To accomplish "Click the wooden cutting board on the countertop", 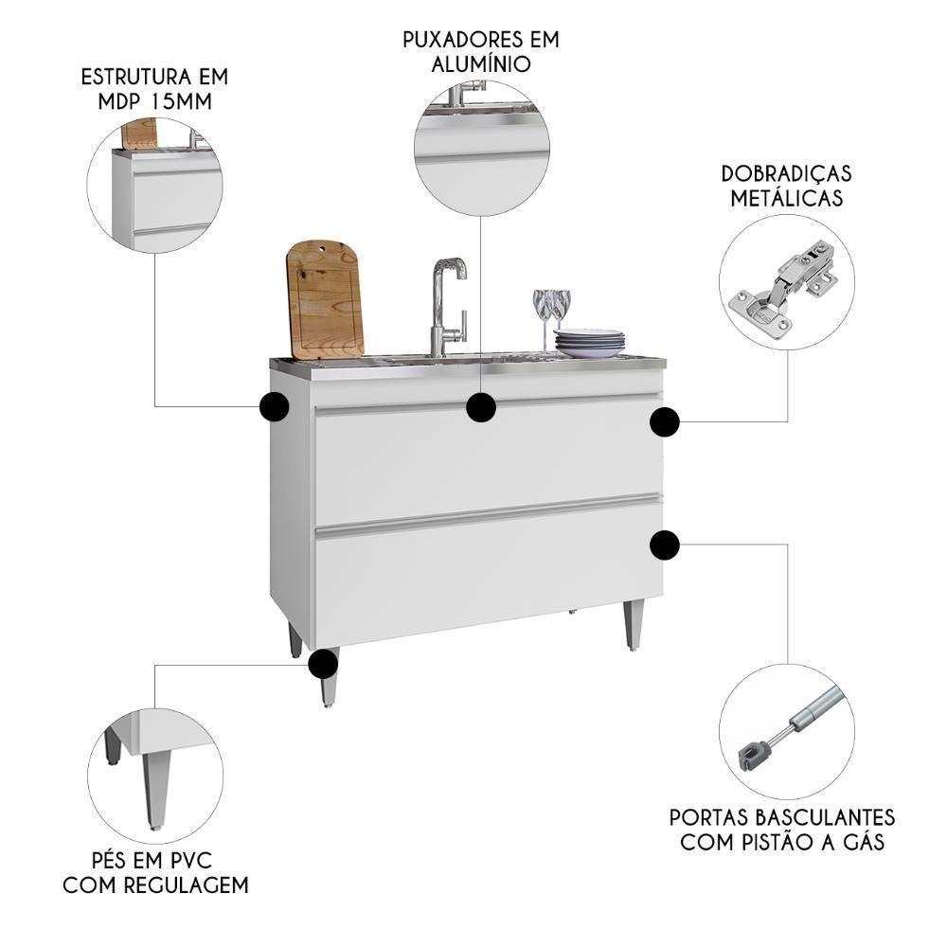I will (324, 298).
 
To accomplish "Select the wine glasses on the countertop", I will (551, 313).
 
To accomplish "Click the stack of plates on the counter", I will (589, 343).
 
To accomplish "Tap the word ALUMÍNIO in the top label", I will (480, 63).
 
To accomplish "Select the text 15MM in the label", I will (181, 101).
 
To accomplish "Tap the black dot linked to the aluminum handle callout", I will (481, 407).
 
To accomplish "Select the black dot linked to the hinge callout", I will (665, 422).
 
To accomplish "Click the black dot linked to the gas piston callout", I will (665, 545).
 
